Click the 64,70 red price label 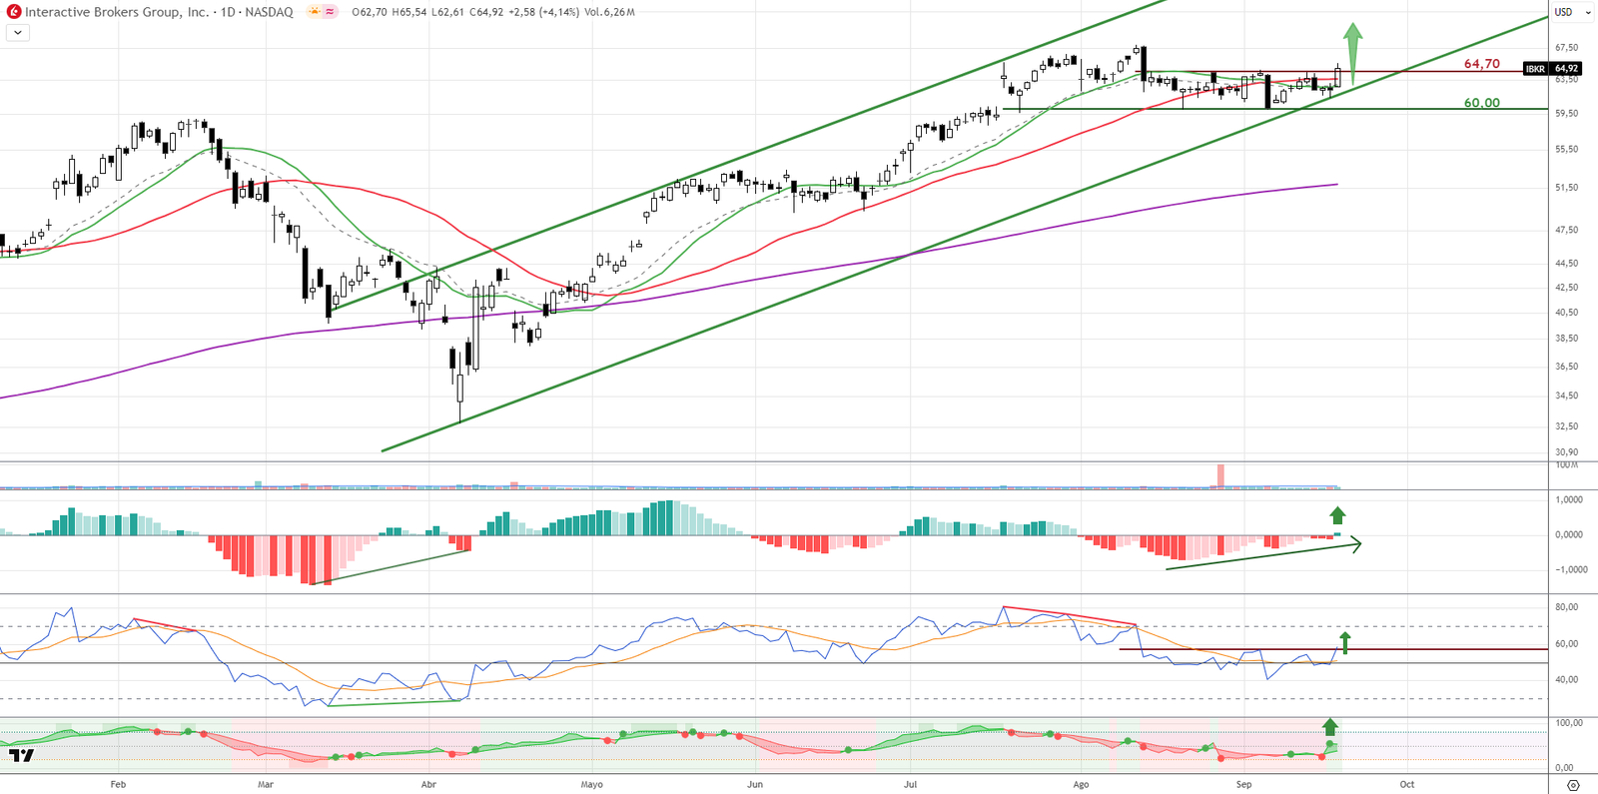pyautogui.click(x=1481, y=64)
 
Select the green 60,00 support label pyautogui.click(x=1481, y=103)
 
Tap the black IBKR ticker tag pyautogui.click(x=1535, y=69)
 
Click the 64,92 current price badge pyautogui.click(x=1566, y=69)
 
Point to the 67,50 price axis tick pyautogui.click(x=1566, y=48)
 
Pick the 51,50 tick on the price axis pyautogui.click(x=1566, y=188)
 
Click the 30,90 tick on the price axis pyautogui.click(x=1566, y=452)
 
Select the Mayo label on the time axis pyautogui.click(x=591, y=785)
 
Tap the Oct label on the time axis pyautogui.click(x=1406, y=785)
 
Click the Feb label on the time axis pyautogui.click(x=118, y=785)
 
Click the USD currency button pyautogui.click(x=1563, y=12)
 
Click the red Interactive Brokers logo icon pyautogui.click(x=14, y=12)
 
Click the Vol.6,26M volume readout pyautogui.click(x=609, y=12)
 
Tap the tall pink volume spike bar pyautogui.click(x=1219, y=475)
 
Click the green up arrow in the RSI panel pyautogui.click(x=1345, y=642)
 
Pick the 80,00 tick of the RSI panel pyautogui.click(x=1566, y=607)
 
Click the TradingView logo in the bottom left pyautogui.click(x=22, y=756)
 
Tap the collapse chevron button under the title pyautogui.click(x=18, y=33)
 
